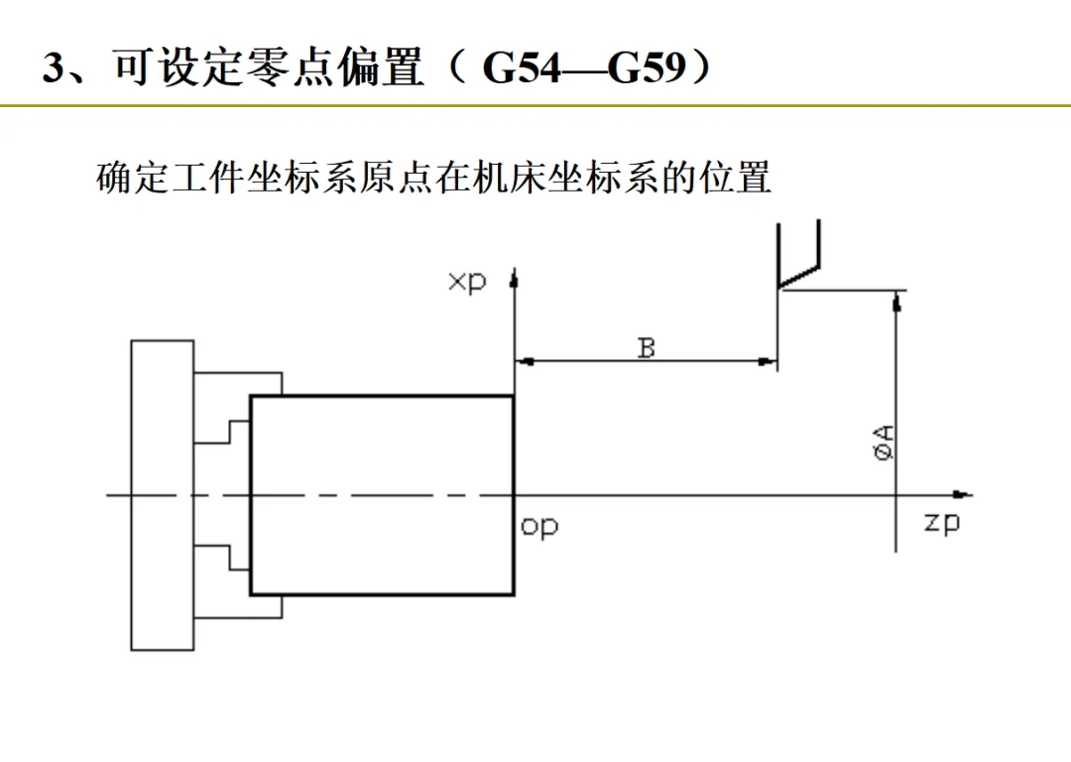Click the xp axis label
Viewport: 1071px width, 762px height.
466,283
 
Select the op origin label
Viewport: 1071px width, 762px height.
539,526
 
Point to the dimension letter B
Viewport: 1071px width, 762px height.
646,348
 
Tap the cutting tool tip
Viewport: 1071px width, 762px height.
779,289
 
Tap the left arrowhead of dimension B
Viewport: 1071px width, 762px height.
524,361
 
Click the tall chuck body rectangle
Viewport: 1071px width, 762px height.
162,494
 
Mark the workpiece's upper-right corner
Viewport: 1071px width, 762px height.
513,396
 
